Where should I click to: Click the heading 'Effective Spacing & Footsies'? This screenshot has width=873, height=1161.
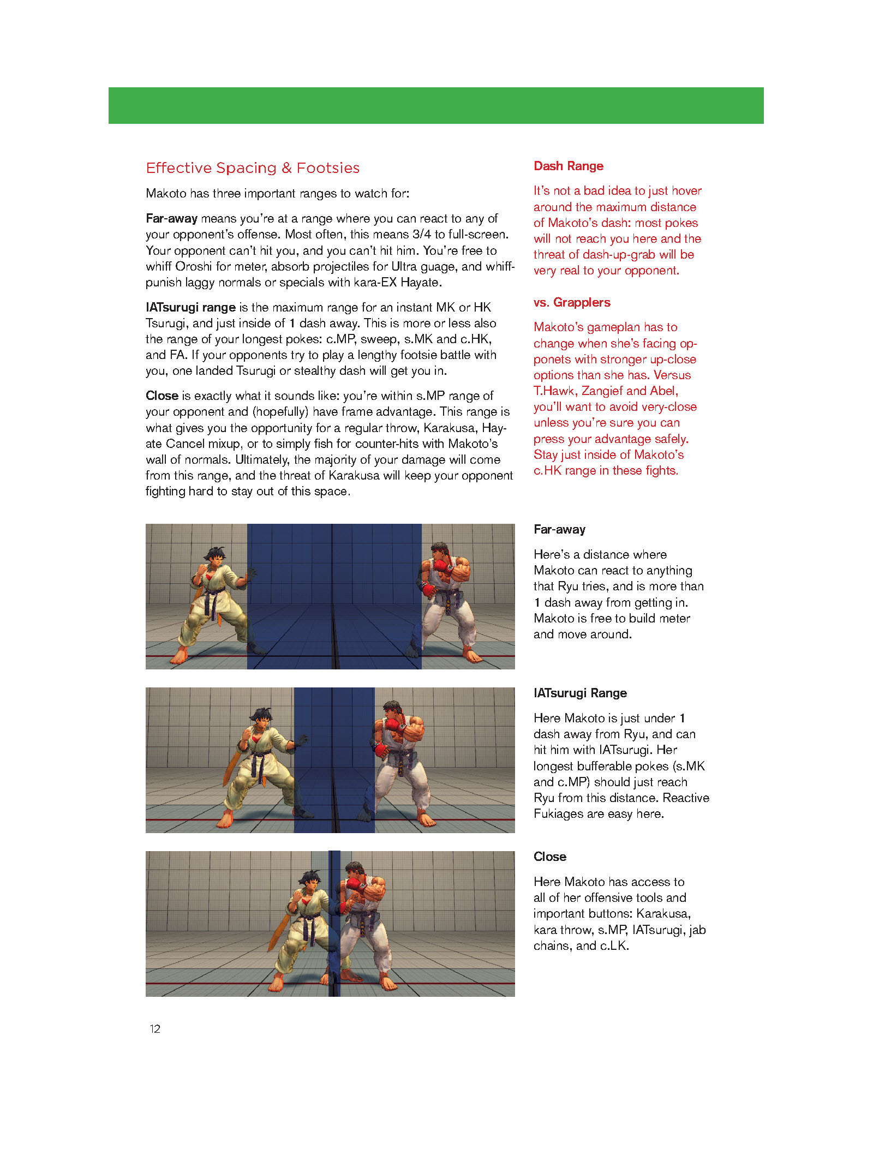tap(253, 168)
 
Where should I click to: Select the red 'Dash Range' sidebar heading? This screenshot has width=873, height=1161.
tap(568, 166)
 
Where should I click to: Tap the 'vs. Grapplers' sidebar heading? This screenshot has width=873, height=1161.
tap(571, 302)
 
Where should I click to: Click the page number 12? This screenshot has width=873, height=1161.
tap(155, 1029)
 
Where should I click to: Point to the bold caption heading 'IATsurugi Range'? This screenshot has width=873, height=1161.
tap(580, 693)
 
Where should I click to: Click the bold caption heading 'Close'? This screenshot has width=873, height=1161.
tap(549, 857)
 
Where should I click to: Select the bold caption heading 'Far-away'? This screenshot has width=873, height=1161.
tap(559, 529)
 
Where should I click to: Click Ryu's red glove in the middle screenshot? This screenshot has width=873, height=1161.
tap(392, 725)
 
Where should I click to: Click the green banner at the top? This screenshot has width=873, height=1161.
tap(436, 105)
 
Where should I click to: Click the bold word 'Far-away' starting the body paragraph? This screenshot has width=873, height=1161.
tap(171, 219)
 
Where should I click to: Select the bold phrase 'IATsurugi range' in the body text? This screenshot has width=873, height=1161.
tap(190, 308)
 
